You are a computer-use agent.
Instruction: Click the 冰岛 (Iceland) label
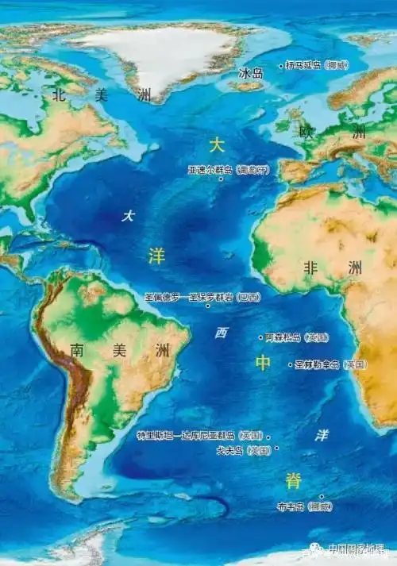[x=251, y=73]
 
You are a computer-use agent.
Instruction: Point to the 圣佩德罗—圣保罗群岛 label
[x=202, y=297]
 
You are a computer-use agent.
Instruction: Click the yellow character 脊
[x=294, y=479]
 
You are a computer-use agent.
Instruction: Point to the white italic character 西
[x=221, y=333]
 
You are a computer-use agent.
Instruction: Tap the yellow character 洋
[x=156, y=255]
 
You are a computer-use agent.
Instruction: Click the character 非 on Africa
[x=310, y=268]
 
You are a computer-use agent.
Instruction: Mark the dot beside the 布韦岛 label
[x=322, y=497]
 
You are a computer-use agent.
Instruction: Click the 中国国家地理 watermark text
[x=357, y=549]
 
